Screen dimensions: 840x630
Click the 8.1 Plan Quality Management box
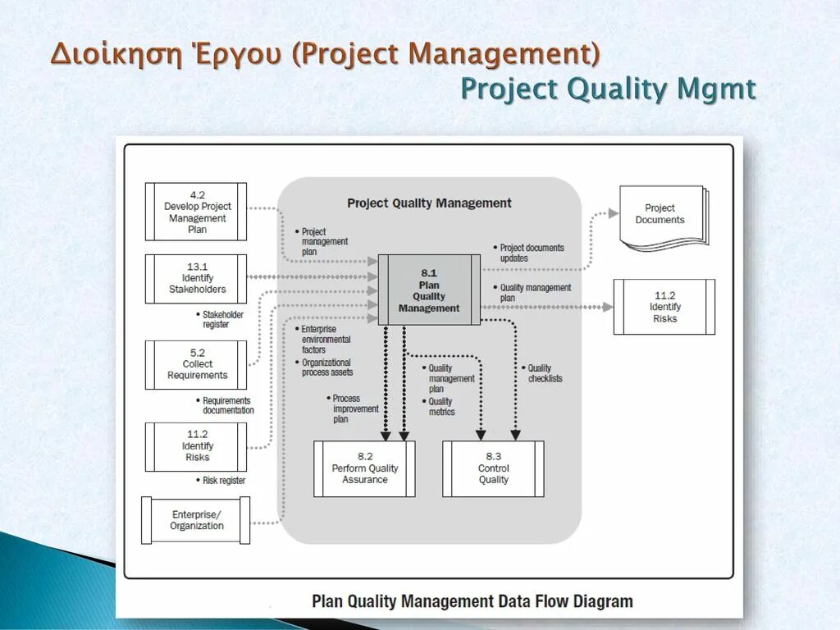pyautogui.click(x=429, y=290)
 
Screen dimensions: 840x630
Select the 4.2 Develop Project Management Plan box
pyautogui.click(x=196, y=212)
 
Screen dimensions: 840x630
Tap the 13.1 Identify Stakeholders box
pyautogui.click(x=196, y=279)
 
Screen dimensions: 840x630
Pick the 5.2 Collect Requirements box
pyautogui.click(x=196, y=364)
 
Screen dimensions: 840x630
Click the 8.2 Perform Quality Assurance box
pyautogui.click(x=364, y=468)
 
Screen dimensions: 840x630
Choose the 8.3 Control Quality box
pyautogui.click(x=493, y=468)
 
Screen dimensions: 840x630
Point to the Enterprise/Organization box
pyautogui.click(x=196, y=520)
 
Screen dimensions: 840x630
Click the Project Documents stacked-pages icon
pyautogui.click(x=661, y=215)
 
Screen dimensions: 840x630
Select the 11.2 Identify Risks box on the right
pyautogui.click(x=664, y=307)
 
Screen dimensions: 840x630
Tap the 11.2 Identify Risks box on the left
pyautogui.click(x=196, y=446)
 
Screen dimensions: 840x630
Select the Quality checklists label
pyautogui.click(x=544, y=373)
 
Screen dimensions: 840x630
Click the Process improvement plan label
pyautogui.click(x=355, y=409)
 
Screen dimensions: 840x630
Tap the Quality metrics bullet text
pyautogui.click(x=441, y=406)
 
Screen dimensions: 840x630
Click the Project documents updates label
pyautogui.click(x=531, y=253)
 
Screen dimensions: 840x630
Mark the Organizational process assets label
pyautogui.click(x=326, y=367)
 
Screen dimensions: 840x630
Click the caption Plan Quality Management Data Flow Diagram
pyautogui.click(x=472, y=601)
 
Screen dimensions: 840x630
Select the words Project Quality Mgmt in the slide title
pyautogui.click(x=607, y=89)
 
